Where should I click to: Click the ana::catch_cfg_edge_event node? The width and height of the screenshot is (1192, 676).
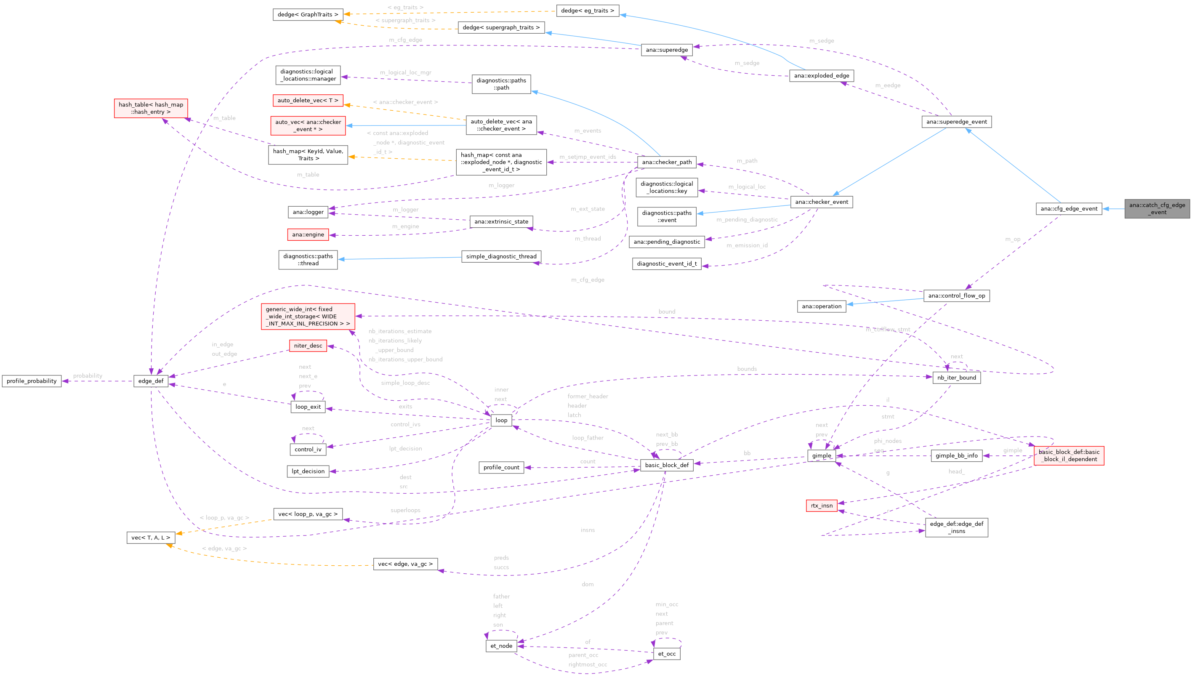(x=1157, y=208)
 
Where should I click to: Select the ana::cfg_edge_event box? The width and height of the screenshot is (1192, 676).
(x=1069, y=208)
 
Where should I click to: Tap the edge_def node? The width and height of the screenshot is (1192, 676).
(x=151, y=381)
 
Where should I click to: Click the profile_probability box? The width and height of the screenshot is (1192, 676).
(x=32, y=381)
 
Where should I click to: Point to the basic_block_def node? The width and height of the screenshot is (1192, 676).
(x=667, y=465)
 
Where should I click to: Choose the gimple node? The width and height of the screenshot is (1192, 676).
(x=822, y=455)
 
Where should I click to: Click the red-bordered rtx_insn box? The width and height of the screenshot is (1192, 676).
(x=822, y=505)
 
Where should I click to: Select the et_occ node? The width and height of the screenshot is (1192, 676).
(x=667, y=653)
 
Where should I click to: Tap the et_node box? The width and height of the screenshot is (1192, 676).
(x=501, y=645)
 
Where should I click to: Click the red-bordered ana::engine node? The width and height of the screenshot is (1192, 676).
(x=308, y=234)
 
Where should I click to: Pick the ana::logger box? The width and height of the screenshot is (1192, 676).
(x=308, y=212)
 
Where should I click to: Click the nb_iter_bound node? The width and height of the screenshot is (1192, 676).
(x=956, y=378)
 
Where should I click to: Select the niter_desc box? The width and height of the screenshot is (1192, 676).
(x=308, y=346)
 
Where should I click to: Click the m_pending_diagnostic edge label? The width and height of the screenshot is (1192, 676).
(x=747, y=220)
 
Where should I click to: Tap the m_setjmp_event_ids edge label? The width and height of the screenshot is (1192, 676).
(x=588, y=157)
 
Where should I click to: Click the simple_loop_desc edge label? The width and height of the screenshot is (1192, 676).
(x=405, y=383)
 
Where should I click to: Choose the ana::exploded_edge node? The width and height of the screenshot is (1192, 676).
(x=821, y=76)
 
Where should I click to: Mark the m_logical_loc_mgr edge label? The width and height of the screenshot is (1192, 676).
(x=406, y=72)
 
